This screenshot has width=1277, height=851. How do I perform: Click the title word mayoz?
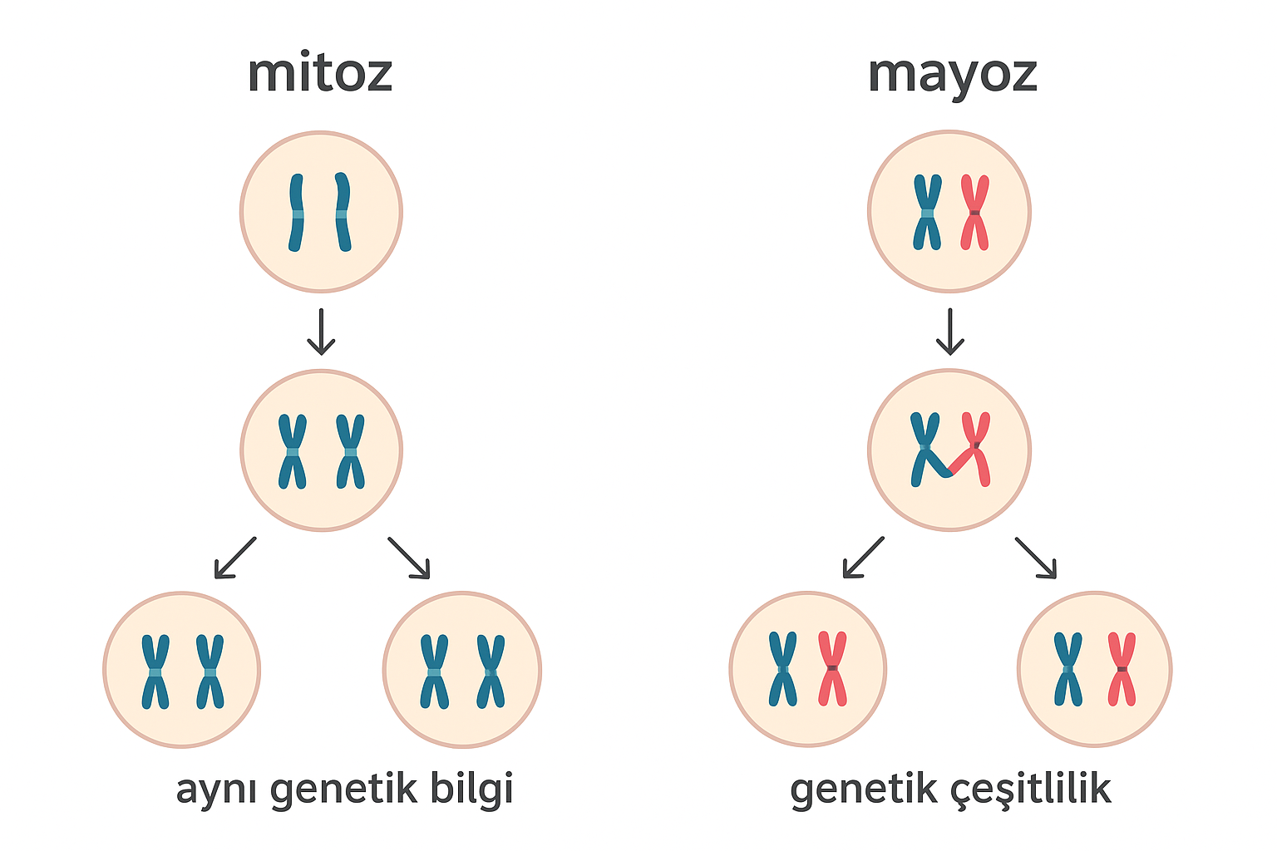pos(952,75)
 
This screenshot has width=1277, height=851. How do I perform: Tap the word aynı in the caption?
pos(218,790)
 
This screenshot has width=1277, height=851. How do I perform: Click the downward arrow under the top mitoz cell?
pos(321,332)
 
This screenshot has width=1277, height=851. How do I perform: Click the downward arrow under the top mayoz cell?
pos(949,332)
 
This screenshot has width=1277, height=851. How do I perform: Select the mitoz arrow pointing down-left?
pos(235,557)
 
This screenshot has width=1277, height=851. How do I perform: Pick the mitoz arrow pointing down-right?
pos(409,557)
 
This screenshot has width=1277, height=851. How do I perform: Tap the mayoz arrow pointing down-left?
pos(863,557)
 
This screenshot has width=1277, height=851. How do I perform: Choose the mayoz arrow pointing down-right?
pos(1036,557)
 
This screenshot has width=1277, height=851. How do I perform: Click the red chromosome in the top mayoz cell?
pos(974,212)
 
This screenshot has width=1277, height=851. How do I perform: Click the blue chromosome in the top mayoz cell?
pos(927,212)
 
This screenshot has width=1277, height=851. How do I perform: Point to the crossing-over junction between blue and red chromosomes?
pos(949,472)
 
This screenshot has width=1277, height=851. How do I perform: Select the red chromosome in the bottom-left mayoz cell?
pos(832,669)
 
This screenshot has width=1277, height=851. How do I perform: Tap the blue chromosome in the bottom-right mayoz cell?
pos(1068,669)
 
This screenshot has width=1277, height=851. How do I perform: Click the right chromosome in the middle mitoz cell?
pos(350,451)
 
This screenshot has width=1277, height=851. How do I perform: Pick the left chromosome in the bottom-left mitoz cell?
pos(155,671)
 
